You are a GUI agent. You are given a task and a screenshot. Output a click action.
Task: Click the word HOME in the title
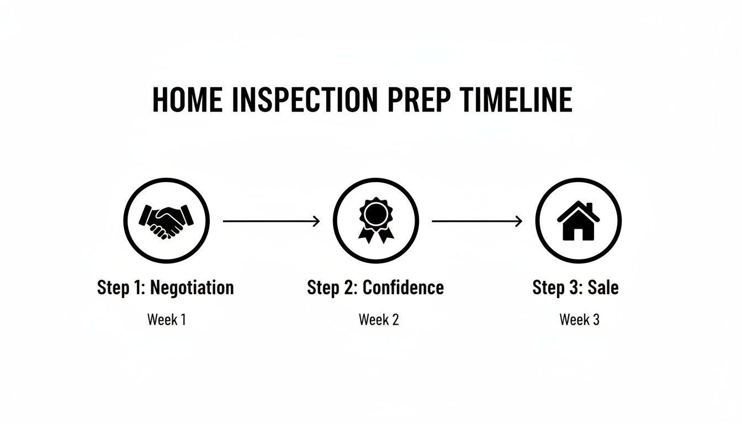pyautogui.click(x=187, y=100)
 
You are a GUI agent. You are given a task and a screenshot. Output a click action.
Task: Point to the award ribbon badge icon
pyautogui.click(x=375, y=220)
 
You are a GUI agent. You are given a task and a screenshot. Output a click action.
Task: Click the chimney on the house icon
pyautogui.click(x=589, y=208)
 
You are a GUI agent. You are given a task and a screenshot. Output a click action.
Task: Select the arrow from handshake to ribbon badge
pyautogui.click(x=271, y=221)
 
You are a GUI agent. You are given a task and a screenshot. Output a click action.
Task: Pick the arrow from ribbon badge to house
pyautogui.click(x=477, y=221)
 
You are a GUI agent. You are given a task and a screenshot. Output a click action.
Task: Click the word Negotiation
pyautogui.click(x=192, y=288)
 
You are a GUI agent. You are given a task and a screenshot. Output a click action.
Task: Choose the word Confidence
pyautogui.click(x=403, y=288)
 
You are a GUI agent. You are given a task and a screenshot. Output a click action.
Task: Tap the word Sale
pyautogui.click(x=603, y=288)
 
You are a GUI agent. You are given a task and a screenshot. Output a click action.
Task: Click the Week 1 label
pyautogui.click(x=166, y=319)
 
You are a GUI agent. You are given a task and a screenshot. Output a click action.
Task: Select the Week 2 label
pyautogui.click(x=379, y=319)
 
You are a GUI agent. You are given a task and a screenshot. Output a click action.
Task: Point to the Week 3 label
pyautogui.click(x=579, y=319)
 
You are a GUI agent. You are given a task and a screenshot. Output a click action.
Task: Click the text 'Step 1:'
pyautogui.click(x=121, y=288)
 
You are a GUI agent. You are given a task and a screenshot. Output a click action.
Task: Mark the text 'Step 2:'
pyautogui.click(x=332, y=288)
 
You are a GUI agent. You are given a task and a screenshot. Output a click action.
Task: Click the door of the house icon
pyautogui.click(x=579, y=233)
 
